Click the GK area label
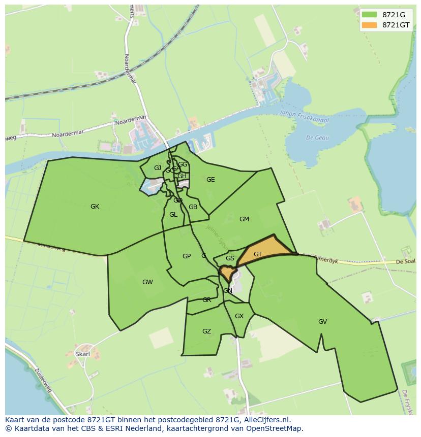pyautogui.click(x=95, y=207)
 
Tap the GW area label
pyautogui.click(x=147, y=282)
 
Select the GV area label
pyautogui.click(x=322, y=322)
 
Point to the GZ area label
pyautogui.click(x=206, y=331)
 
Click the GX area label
pyautogui.click(x=239, y=316)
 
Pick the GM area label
pyautogui.click(x=244, y=219)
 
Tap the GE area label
pyautogui.click(x=211, y=180)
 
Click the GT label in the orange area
pyautogui.click(x=258, y=254)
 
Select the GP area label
pyautogui.click(x=187, y=256)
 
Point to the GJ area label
pyautogui.click(x=158, y=168)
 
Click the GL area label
pyautogui.click(x=173, y=215)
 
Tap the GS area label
pyautogui.click(x=230, y=258)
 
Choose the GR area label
pyautogui.click(x=206, y=300)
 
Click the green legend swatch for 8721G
pyautogui.click(x=370, y=15)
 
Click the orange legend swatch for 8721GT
pyautogui.click(x=370, y=25)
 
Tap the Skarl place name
pyautogui.click(x=82, y=354)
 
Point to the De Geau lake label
pyautogui.click(x=317, y=138)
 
